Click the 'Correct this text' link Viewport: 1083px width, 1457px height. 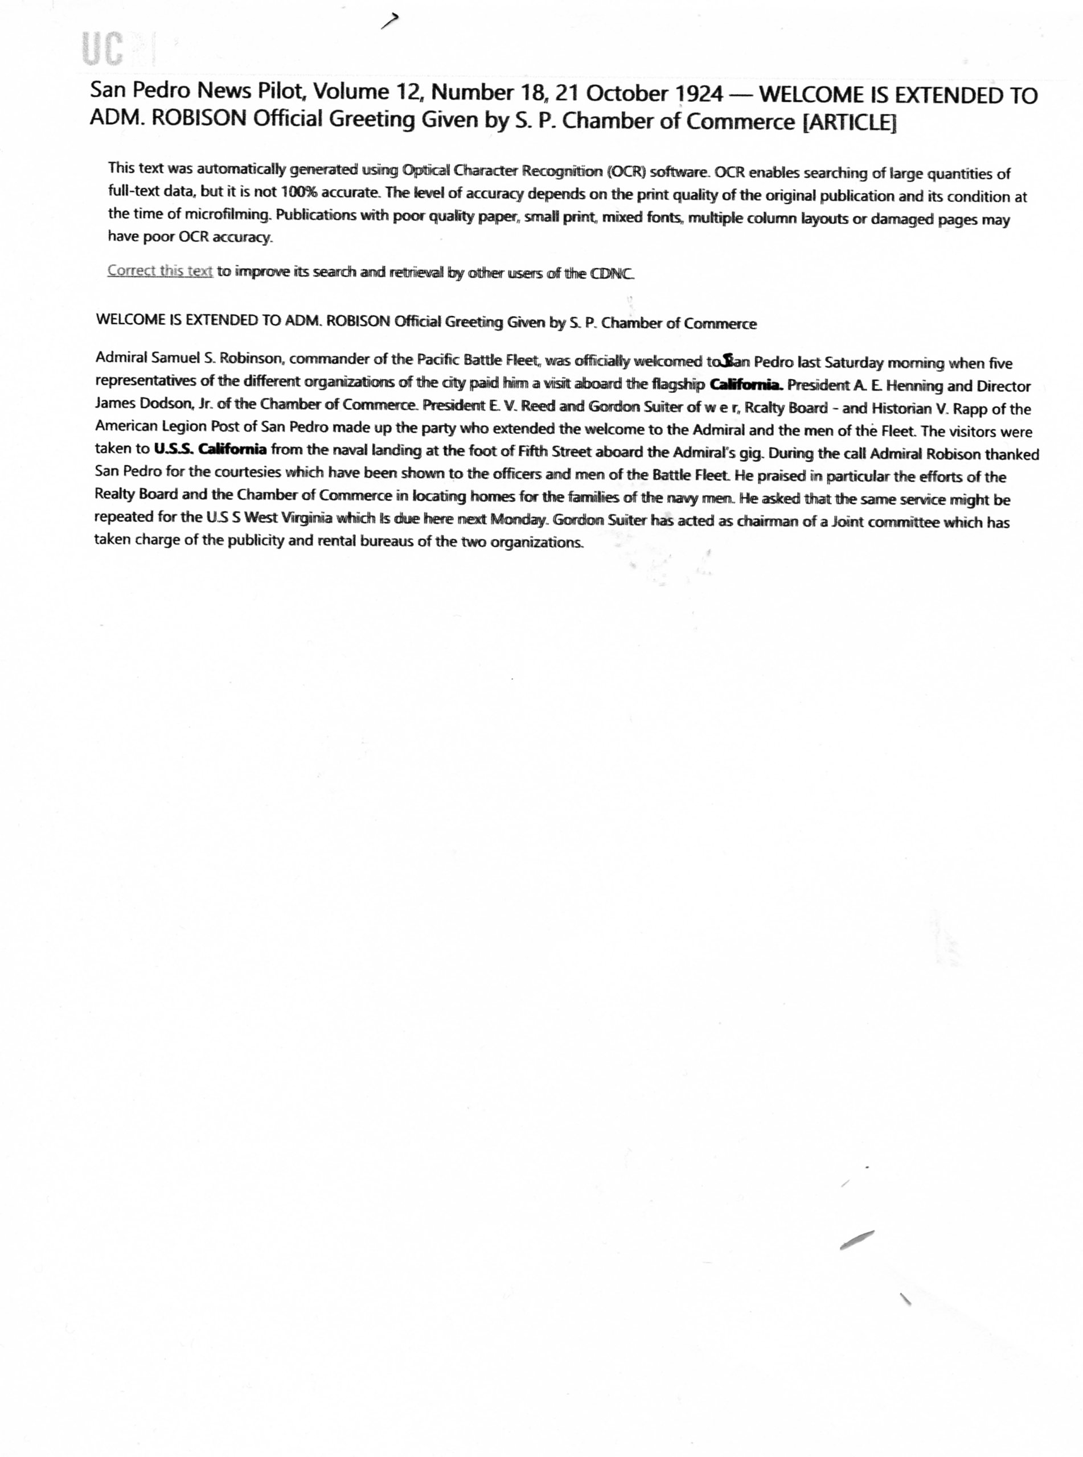(x=160, y=270)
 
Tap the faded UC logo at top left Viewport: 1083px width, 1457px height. (x=104, y=50)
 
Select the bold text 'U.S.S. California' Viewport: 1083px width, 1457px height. (x=210, y=450)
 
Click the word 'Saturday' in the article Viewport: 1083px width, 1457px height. (x=853, y=363)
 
